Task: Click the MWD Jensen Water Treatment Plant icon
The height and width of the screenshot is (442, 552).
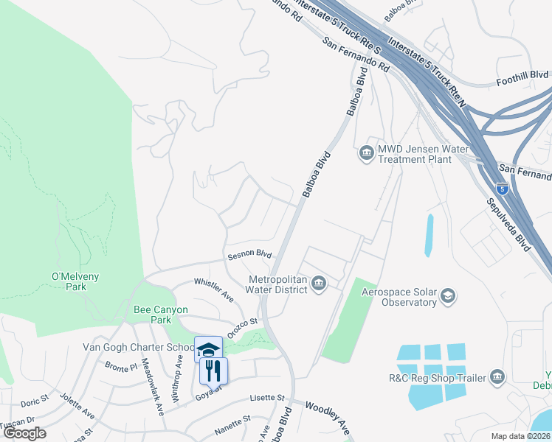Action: pos(366,153)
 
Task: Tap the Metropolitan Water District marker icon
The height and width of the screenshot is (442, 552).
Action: pos(319,284)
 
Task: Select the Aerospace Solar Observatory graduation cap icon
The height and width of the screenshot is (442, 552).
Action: pos(447,297)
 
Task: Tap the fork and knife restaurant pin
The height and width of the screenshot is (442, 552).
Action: pos(214,371)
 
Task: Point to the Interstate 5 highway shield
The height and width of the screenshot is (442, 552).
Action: pos(503,189)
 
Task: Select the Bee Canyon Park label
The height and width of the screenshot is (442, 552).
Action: pos(160,315)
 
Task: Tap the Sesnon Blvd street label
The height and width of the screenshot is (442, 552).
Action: pos(250,253)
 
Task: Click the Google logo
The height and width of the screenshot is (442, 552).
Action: pos(25,432)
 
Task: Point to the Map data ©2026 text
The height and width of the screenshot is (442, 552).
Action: pos(520,436)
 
